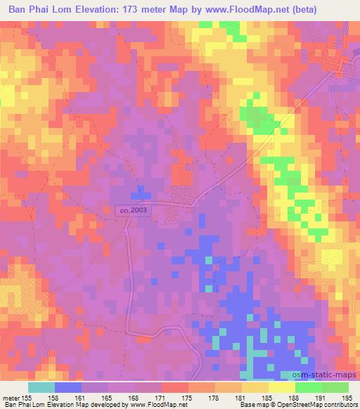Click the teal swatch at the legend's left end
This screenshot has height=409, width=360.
pos(41,387)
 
